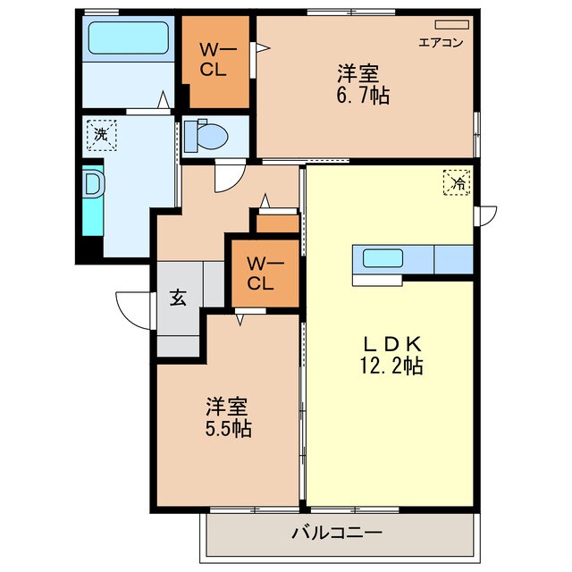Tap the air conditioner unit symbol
click(451, 25)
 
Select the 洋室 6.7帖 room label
click(362, 83)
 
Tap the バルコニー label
click(337, 534)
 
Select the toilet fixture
click(211, 135)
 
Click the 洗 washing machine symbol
click(100, 136)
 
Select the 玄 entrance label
click(177, 298)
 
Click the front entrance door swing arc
click(132, 308)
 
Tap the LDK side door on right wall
click(485, 215)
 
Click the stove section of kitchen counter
click(452, 259)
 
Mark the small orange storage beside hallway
click(277, 223)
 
